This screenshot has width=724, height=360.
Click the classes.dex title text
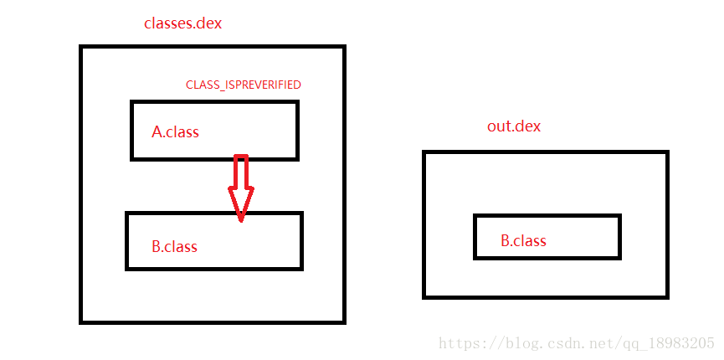pyautogui.click(x=182, y=23)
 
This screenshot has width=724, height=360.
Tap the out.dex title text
pyautogui.click(x=514, y=126)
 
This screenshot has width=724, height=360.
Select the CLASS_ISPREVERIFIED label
pyautogui.click(x=243, y=85)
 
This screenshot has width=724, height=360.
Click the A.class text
pyautogui.click(x=175, y=131)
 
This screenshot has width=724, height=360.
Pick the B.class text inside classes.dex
pyautogui.click(x=174, y=246)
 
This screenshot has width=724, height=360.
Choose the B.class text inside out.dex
pyautogui.click(x=523, y=241)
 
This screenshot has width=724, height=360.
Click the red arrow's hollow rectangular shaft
pyautogui.click(x=241, y=172)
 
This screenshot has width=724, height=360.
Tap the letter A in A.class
pyautogui.click(x=157, y=131)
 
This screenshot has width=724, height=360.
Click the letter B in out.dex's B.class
pyautogui.click(x=506, y=241)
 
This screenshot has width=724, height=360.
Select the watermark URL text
pyautogui.click(x=577, y=343)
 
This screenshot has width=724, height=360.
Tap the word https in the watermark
pyautogui.click(x=460, y=343)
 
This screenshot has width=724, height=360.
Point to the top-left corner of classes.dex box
pyautogui.click(x=81, y=47)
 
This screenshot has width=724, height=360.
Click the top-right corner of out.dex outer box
pyautogui.click(x=667, y=152)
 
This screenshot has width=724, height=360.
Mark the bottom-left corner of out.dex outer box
pyautogui.click(x=424, y=296)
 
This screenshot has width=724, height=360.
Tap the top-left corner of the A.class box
pyautogui.click(x=132, y=102)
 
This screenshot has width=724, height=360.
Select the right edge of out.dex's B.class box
pyautogui.click(x=619, y=237)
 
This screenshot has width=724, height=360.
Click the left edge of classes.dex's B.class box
pyautogui.click(x=127, y=240)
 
